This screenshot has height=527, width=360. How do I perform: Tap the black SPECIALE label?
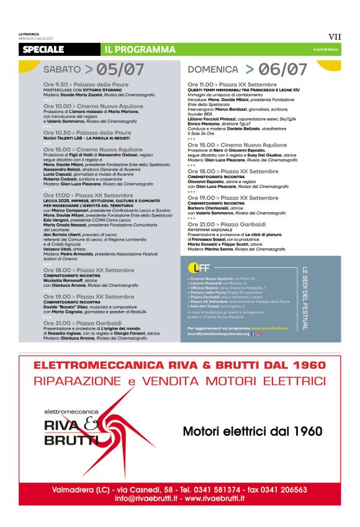pos(43,49)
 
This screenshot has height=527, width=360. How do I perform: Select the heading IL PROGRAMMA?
pos(140,49)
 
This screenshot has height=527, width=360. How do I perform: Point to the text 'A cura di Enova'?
pos(326,50)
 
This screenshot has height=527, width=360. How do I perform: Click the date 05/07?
pos(120,70)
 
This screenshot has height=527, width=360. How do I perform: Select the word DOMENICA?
pos(213,70)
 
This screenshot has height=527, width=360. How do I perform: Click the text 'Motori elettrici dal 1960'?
pos(252,431)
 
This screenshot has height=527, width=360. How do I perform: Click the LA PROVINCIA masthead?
pos(29,34)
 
